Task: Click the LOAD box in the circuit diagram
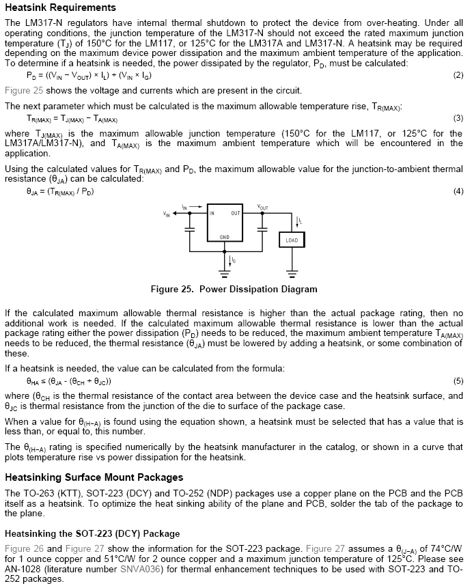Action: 292,241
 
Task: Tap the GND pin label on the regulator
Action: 224,238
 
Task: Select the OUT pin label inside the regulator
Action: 236,213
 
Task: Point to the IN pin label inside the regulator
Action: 212,213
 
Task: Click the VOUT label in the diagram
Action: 263,206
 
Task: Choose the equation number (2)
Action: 458,75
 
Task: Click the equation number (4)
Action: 458,191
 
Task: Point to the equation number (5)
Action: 458,380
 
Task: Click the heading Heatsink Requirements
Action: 60,8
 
